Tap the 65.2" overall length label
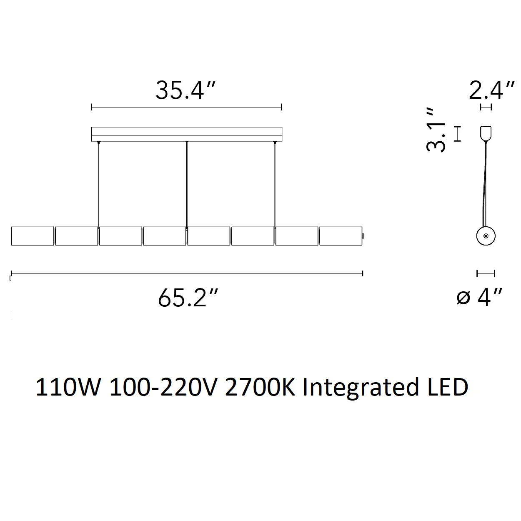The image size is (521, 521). pos(188,298)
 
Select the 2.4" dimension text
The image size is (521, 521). pos(491,90)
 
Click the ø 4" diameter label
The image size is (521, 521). pos(479,298)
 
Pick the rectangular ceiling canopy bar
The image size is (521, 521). pos(187,134)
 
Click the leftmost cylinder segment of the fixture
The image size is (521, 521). pos(33,236)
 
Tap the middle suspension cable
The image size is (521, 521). pos(187,184)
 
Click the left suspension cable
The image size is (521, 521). pos(98,184)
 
